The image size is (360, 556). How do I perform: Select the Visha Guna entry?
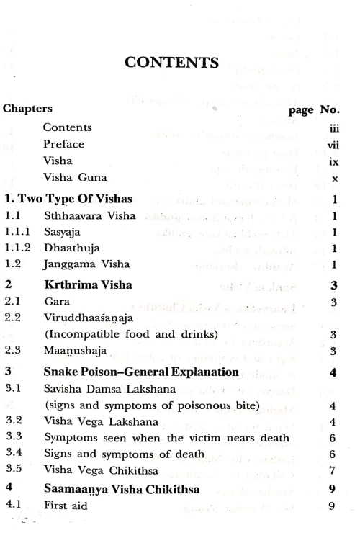[74, 178]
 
